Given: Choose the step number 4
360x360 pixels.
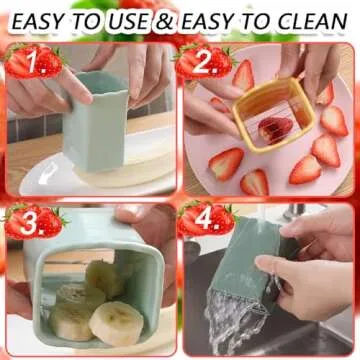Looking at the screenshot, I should [x=207, y=221].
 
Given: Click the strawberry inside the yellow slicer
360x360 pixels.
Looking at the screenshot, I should [x=277, y=129].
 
